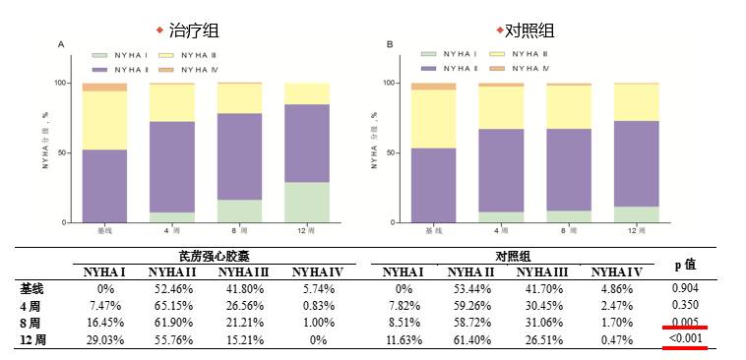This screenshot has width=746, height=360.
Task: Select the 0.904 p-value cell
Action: point(685,288)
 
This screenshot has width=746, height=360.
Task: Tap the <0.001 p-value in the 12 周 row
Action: point(685,337)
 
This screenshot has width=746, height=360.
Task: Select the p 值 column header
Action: point(685,264)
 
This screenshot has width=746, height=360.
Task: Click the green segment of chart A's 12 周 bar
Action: point(306,203)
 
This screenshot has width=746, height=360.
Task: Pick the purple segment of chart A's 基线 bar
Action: point(104,186)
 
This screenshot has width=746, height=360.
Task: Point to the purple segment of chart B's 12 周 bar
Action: point(636,163)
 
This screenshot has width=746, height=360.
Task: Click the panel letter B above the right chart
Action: point(390,44)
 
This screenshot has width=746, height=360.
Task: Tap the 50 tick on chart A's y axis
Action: point(63,153)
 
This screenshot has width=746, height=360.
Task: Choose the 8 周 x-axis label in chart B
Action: point(569,230)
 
